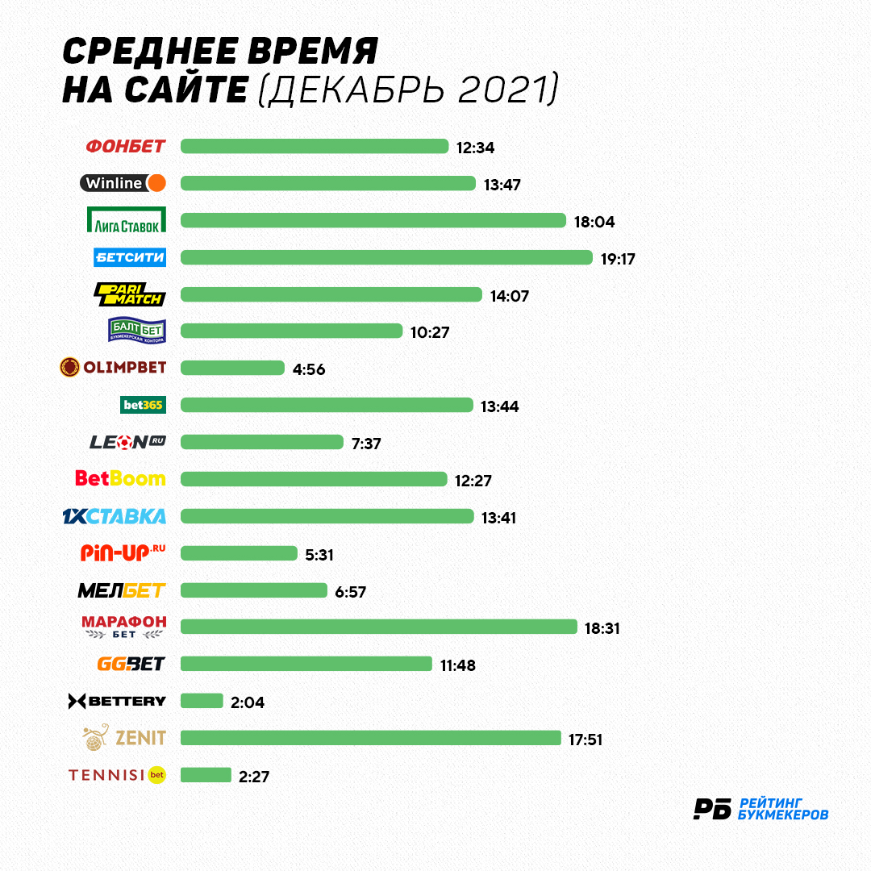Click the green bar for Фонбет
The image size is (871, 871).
coord(315,146)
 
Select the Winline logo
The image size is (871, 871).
coord(123,183)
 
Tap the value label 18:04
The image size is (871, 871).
coord(594,222)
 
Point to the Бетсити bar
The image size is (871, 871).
coord(386,257)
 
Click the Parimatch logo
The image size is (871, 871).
coord(130,294)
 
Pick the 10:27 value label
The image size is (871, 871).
coord(430,332)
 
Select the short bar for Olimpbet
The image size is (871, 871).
coord(233,368)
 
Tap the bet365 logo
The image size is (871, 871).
coord(143,405)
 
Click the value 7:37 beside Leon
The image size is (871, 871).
coord(366,444)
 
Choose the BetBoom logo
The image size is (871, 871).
coord(120,478)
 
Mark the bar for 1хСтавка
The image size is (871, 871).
coord(327,516)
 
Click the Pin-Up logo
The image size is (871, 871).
coord(123,552)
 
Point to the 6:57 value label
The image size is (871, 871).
coord(351,592)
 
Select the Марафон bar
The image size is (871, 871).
coord(379,627)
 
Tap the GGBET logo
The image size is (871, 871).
coord(131,664)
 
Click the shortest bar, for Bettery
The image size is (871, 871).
coord(202,701)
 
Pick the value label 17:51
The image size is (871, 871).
coord(586,740)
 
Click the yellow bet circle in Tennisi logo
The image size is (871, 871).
coord(157,775)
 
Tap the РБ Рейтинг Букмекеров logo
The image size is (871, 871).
coord(761,809)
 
